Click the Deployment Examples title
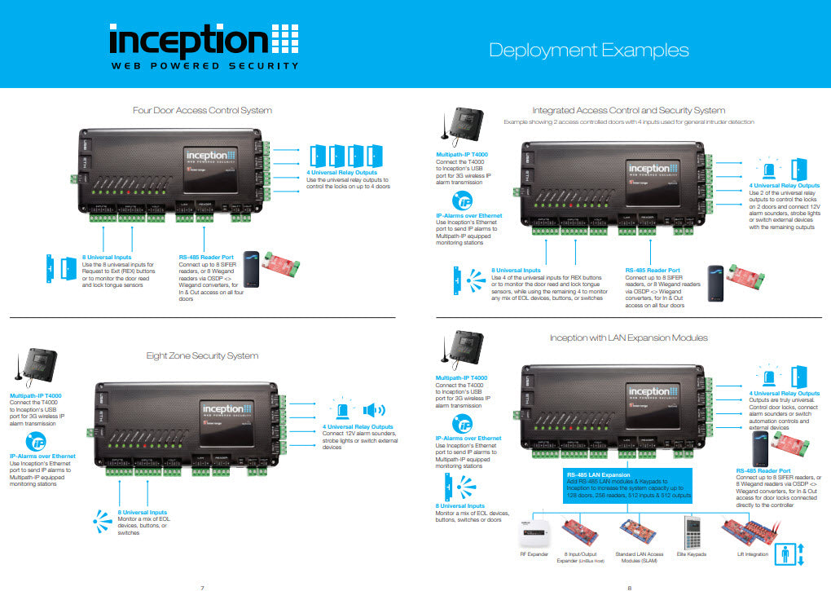pos(588,50)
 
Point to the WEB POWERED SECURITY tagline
pos(204,66)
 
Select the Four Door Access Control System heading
pos(202,110)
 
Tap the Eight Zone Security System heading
pos(202,355)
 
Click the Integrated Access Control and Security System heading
pos(628,110)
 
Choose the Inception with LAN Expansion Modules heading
pos(628,337)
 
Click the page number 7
pos(202,585)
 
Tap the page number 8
pos(628,585)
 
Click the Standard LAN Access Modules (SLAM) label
pos(637,557)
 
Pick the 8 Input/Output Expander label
pos(584,557)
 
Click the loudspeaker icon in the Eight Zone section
pos(374,410)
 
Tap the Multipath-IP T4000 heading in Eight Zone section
pos(36,396)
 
